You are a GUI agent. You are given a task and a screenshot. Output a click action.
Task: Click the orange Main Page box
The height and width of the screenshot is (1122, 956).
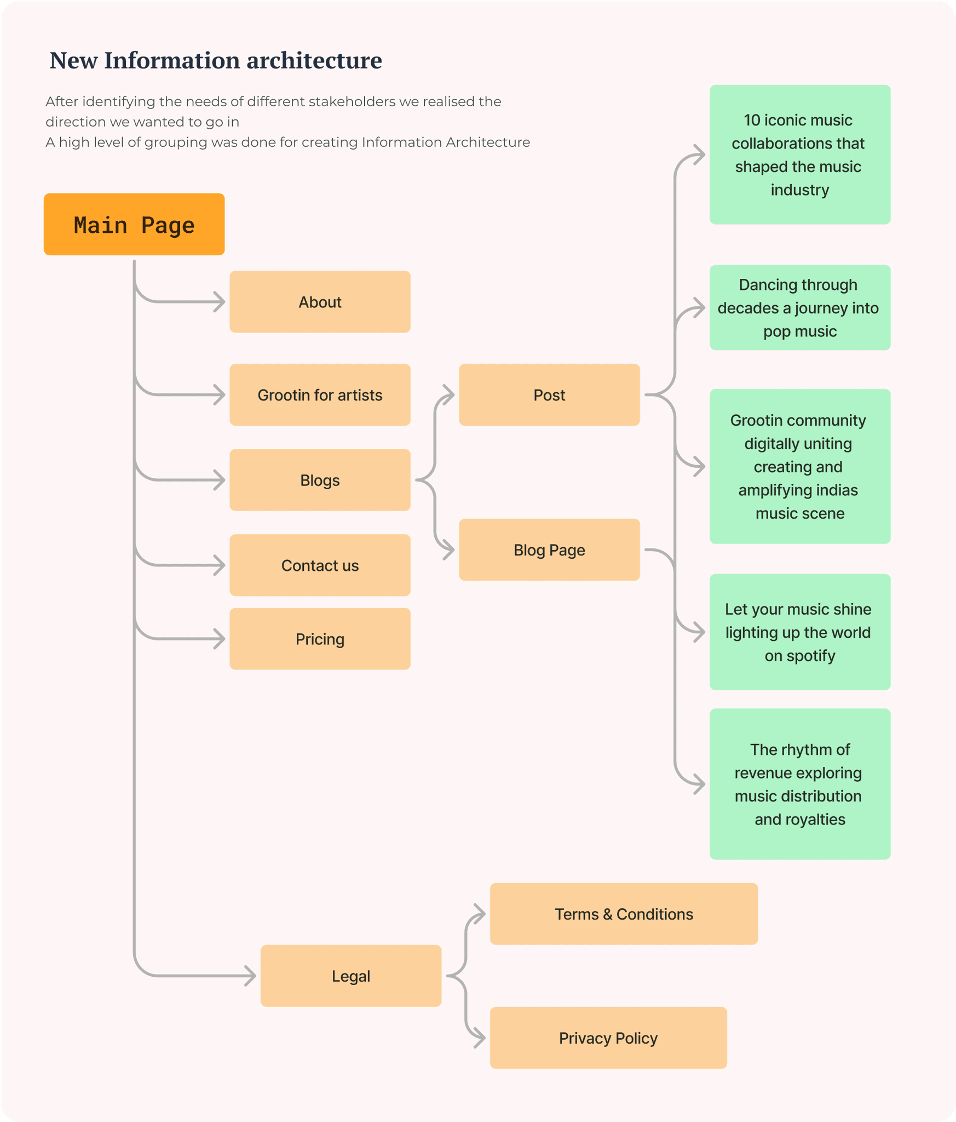(134, 224)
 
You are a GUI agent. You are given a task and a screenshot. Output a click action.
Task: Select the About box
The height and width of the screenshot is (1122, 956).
(320, 302)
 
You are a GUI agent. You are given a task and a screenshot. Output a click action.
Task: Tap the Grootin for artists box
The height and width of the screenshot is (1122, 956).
(320, 395)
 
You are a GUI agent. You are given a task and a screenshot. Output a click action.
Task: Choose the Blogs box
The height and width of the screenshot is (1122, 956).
(320, 480)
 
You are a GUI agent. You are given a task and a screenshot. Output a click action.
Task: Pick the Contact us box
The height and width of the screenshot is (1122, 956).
(320, 565)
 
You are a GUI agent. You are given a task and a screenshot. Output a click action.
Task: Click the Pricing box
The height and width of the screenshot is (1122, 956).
(320, 639)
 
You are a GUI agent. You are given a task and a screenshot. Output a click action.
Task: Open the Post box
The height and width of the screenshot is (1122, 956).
(549, 395)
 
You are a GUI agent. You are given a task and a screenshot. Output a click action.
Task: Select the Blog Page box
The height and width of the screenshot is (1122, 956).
(549, 549)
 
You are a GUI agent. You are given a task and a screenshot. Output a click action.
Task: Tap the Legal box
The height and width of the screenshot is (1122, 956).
(351, 976)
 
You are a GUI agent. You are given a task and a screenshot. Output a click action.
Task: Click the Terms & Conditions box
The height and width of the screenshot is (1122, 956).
(624, 914)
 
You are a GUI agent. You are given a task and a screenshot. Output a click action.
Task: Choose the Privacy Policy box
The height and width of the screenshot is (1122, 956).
(608, 1038)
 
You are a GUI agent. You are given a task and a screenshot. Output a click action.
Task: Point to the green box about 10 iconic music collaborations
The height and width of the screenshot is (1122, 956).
(800, 154)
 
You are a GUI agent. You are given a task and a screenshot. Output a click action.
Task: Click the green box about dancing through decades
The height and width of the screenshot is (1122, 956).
(800, 307)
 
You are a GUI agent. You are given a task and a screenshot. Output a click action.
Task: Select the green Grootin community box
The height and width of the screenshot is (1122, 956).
(800, 466)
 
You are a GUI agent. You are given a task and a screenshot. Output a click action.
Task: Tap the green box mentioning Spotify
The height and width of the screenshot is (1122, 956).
(800, 632)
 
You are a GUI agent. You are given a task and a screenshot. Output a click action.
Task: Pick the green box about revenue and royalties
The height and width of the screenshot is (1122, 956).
(800, 784)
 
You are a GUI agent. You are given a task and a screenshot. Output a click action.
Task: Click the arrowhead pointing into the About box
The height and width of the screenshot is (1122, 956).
(220, 302)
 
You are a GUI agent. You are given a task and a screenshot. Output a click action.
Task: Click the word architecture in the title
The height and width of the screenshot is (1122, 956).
(314, 60)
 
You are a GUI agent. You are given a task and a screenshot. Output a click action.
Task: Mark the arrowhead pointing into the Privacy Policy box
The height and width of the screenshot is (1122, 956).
(480, 1038)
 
